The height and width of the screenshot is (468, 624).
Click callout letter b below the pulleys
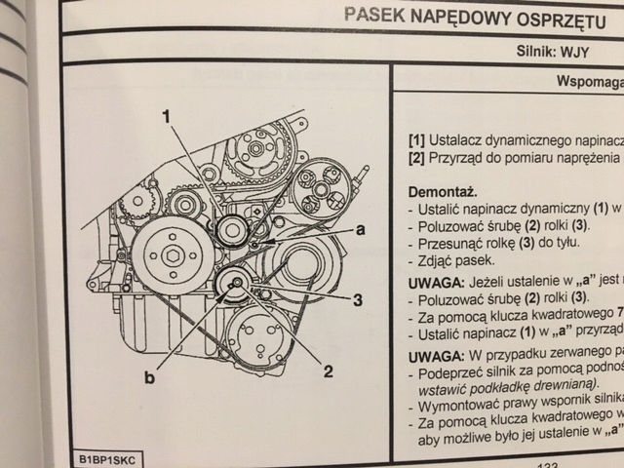(x=149, y=375)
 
